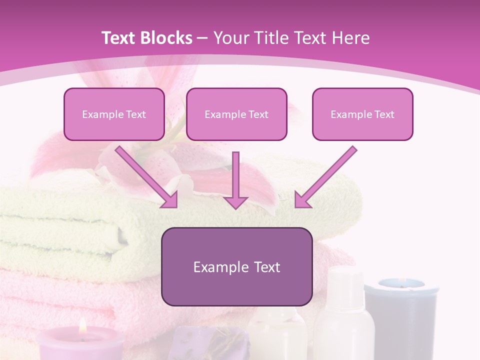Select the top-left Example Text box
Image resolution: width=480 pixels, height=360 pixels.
point(114,114)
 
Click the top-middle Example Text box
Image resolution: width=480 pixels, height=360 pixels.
point(236,114)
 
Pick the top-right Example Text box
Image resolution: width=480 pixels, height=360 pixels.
point(362,114)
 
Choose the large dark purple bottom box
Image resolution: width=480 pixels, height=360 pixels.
point(236,266)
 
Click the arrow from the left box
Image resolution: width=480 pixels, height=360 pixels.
point(146,176)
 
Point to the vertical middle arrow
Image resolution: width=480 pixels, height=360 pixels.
point(235,180)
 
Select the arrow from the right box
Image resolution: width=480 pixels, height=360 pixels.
point(325,176)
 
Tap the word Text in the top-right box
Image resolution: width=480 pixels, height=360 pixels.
point(384,114)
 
